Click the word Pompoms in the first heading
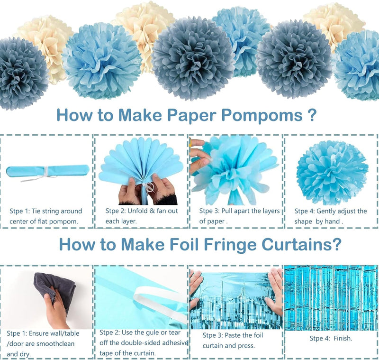click(262, 115)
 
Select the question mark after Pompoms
click(313, 115)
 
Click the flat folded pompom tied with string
click(48, 171)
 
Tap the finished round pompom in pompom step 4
click(332, 172)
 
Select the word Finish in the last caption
click(343, 338)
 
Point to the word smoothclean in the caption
click(54, 343)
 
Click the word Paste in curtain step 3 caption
click(233, 335)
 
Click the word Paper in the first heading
click(191, 115)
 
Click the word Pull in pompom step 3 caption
click(227, 211)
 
